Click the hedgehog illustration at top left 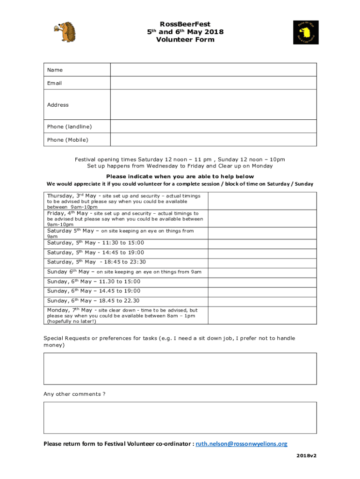(66, 31)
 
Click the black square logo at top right (306, 32)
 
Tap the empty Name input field (213, 70)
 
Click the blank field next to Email (213, 83)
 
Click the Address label (58, 105)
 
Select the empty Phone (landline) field (213, 126)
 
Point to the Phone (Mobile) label (68, 140)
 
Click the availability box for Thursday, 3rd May (262, 201)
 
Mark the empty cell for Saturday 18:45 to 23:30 (262, 262)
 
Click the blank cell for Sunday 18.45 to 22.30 (262, 301)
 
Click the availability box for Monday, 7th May (262, 315)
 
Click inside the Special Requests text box (180, 368)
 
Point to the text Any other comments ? (74, 394)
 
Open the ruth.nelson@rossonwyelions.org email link (241, 444)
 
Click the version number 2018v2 (306, 455)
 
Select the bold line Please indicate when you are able (180, 176)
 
